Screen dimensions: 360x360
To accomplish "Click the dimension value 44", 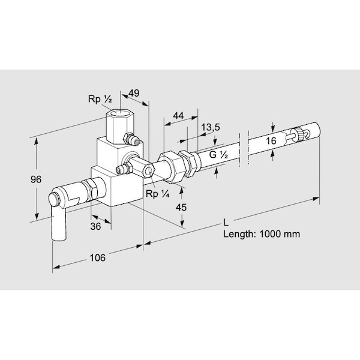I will [178, 115].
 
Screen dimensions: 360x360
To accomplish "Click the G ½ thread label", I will [218, 155].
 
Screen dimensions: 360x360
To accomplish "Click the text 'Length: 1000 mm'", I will [261, 235].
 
